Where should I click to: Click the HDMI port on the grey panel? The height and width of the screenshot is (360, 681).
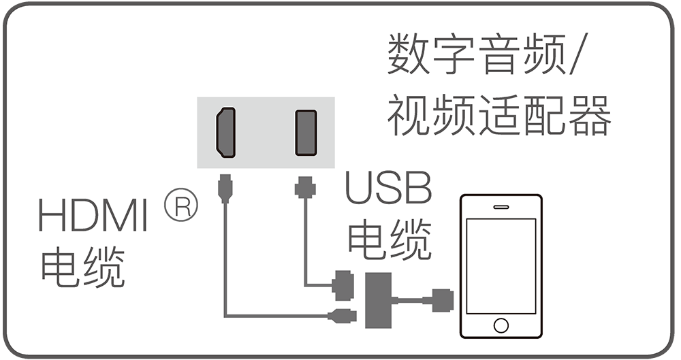225,132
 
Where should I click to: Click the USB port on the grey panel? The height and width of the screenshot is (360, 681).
305,132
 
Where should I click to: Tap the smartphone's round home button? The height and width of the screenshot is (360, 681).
501,323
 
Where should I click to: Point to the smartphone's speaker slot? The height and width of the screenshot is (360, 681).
501,207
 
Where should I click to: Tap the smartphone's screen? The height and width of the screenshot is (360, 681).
501,265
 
